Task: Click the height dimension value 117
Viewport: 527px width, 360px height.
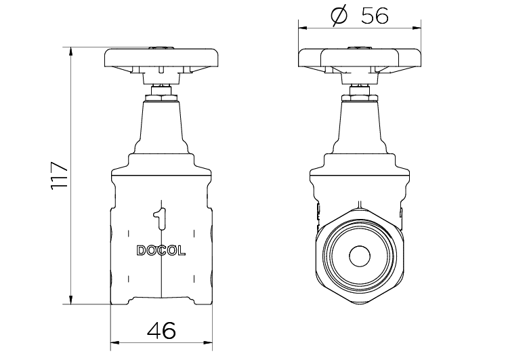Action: click(60, 176)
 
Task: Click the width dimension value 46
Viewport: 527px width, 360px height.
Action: click(161, 330)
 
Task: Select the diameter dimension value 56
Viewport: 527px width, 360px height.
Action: click(375, 16)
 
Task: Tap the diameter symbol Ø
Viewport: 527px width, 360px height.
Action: click(339, 16)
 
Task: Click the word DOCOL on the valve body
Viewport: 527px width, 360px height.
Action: click(161, 251)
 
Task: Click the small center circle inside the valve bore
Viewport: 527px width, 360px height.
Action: click(360, 256)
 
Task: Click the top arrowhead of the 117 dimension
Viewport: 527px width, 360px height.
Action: click(70, 51)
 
